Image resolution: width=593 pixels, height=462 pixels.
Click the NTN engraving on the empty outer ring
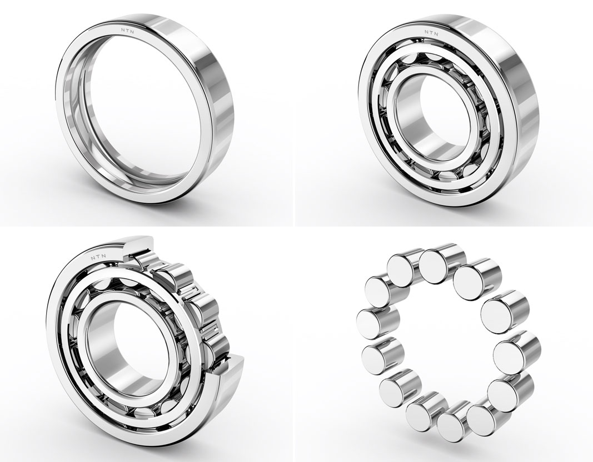click(x=129, y=31)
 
